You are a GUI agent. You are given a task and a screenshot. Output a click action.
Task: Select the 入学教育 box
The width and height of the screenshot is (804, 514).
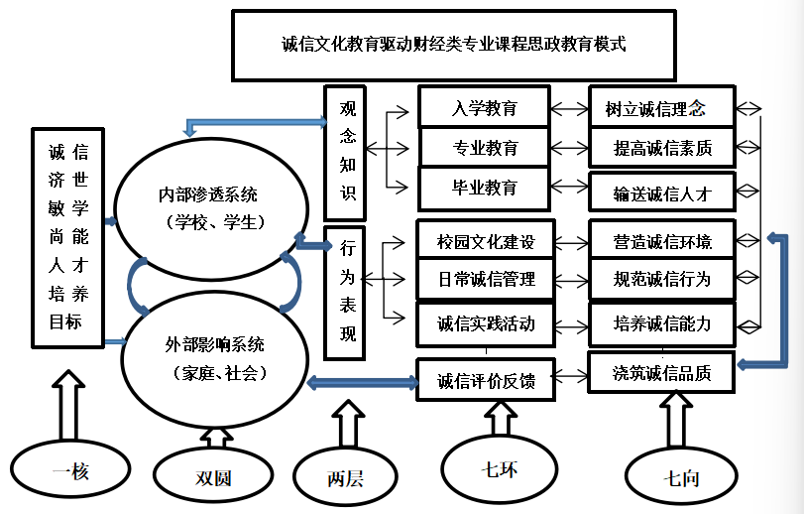[x=485, y=107]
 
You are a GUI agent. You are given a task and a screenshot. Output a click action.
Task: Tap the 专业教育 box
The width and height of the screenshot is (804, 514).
[x=485, y=148]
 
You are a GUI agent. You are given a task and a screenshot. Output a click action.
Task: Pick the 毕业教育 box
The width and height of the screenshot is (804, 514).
[x=484, y=187]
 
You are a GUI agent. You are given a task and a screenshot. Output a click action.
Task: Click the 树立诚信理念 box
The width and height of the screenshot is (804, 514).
[x=661, y=107]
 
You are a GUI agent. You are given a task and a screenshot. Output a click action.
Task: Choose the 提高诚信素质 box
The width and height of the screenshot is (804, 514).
[x=661, y=148]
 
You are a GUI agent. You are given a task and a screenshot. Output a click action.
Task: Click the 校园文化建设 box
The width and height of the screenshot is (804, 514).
[x=485, y=241]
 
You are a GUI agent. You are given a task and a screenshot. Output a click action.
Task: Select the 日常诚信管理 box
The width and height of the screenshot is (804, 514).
[x=485, y=280]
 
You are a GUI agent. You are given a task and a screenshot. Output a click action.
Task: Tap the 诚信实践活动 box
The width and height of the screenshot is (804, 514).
[x=485, y=322]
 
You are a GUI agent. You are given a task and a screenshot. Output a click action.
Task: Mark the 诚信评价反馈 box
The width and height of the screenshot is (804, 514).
[x=485, y=379]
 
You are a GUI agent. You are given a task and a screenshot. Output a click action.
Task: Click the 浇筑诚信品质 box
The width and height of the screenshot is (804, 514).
[x=661, y=372]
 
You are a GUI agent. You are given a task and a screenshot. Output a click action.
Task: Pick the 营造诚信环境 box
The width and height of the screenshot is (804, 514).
[x=661, y=241]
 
